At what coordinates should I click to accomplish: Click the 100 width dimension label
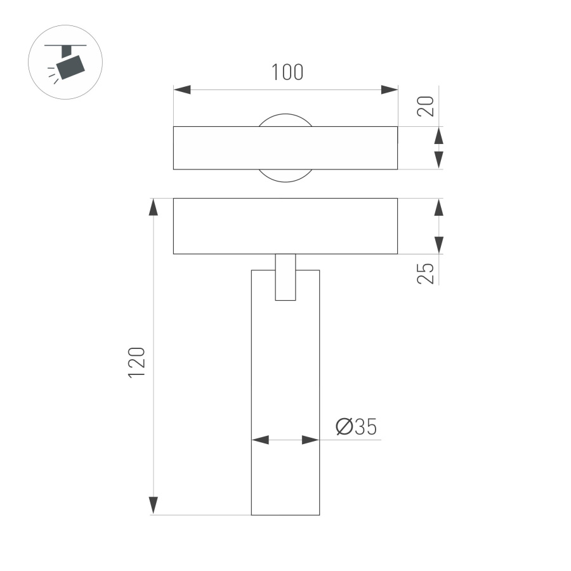[287, 72]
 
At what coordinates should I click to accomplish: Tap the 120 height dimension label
[138, 363]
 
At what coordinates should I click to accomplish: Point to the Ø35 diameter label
[357, 428]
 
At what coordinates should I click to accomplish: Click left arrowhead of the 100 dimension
[182, 89]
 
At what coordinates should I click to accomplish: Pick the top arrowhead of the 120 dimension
[153, 207]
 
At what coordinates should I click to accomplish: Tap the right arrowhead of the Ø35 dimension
[310, 440]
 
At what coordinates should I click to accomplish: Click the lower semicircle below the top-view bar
[285, 175]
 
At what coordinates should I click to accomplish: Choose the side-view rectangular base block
[285, 226]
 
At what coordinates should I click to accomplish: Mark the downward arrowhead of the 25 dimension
[438, 244]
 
